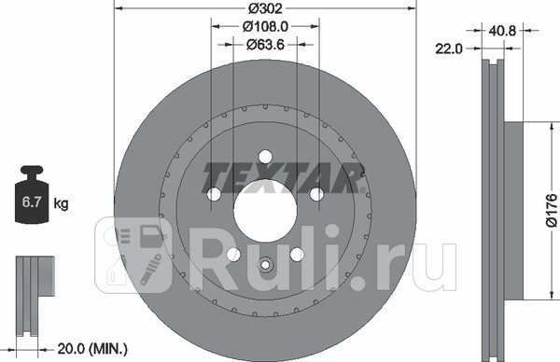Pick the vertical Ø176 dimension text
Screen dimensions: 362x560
pyautogui.click(x=551, y=211)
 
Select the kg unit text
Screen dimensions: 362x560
pyautogui.click(x=62, y=202)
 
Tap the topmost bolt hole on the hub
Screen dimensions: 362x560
pyautogui.click(x=264, y=157)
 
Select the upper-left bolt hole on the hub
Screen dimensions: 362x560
pyautogui.click(x=213, y=194)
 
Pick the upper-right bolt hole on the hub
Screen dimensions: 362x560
pyautogui.click(x=316, y=194)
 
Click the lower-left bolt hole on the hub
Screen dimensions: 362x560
pyautogui.click(x=232, y=255)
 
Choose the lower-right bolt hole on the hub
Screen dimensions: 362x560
pyautogui.click(x=297, y=255)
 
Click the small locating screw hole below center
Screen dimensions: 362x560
pyautogui.click(x=264, y=264)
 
